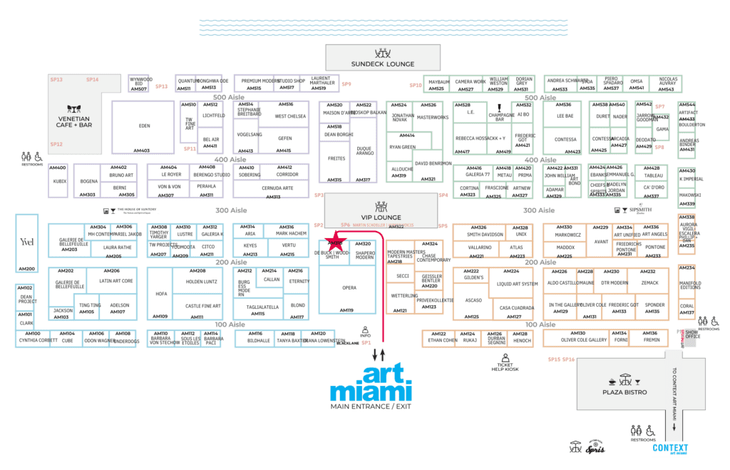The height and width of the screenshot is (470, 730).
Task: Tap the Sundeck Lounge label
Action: pos(382,64)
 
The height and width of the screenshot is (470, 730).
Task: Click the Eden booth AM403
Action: pos(144,127)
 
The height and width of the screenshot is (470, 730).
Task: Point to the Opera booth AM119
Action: pos(349,288)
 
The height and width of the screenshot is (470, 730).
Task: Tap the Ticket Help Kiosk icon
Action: pos(505,357)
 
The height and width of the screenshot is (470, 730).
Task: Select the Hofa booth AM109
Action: pos(162,294)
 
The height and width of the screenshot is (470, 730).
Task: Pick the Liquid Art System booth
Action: pos(518,285)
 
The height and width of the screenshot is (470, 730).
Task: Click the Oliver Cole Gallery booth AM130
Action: pos(584,339)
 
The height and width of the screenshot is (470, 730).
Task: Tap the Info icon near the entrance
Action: pos(365,332)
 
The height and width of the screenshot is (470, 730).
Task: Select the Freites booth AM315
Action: pos(336,159)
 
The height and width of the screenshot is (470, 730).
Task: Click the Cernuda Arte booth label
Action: pos(277,188)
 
